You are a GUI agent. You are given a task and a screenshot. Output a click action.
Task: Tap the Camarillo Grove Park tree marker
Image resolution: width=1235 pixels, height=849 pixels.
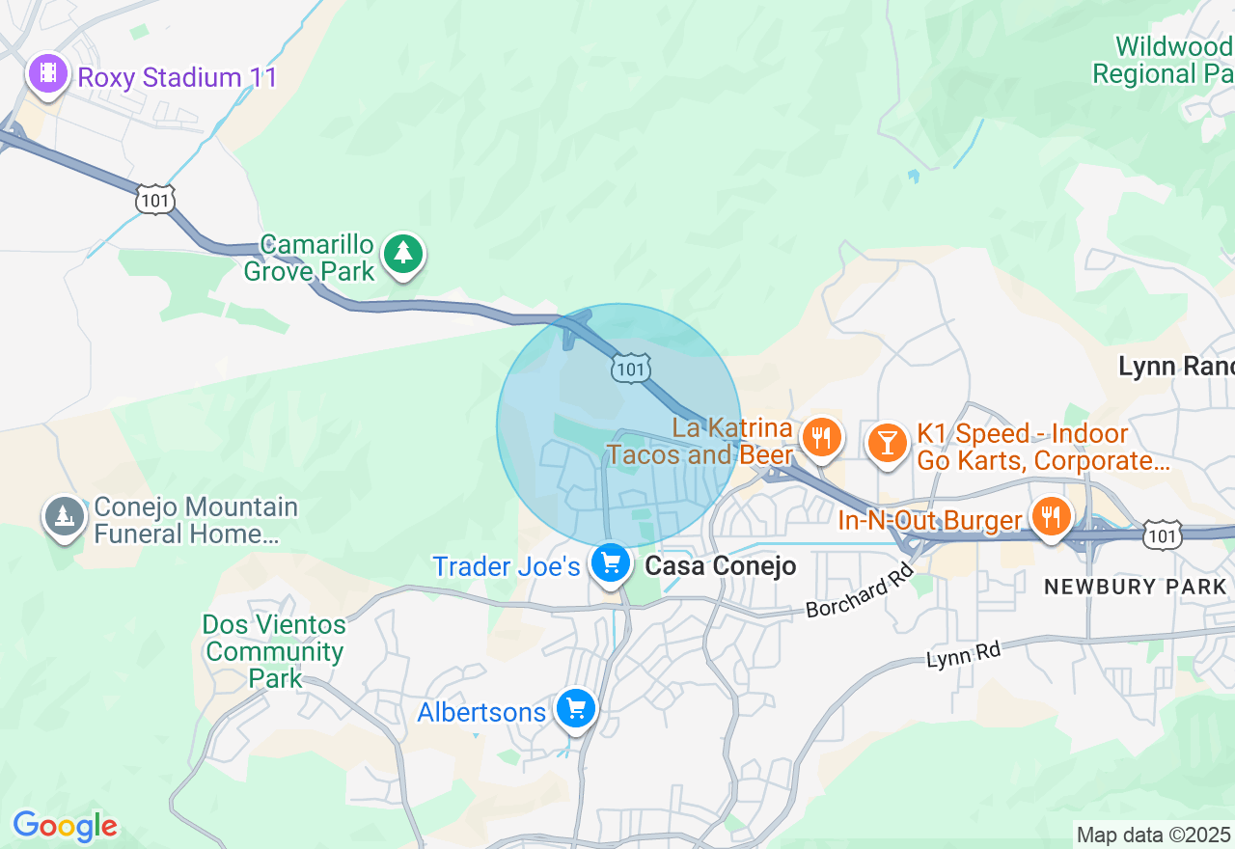pos(403,254)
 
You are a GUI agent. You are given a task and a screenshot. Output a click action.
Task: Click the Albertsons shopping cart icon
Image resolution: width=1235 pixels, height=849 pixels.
pos(576,710)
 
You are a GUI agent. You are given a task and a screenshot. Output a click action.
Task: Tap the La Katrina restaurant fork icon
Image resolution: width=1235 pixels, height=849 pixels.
pos(821,438)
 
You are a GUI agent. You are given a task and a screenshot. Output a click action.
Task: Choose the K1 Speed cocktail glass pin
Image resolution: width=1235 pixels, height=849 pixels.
pos(887,443)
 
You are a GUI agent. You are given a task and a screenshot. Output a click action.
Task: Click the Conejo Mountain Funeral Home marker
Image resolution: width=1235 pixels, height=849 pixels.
pos(65,516)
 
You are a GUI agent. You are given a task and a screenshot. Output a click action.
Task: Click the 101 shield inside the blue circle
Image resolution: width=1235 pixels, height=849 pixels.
pos(630,368)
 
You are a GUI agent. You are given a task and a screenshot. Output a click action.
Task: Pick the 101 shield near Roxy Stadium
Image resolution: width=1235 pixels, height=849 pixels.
pos(155,201)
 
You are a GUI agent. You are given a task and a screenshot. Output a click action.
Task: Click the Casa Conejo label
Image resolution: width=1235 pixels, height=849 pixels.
pos(720,566)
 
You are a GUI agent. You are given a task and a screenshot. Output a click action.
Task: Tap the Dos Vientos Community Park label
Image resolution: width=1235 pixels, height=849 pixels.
pos(274,651)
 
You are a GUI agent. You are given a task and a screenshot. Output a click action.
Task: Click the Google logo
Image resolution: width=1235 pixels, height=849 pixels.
pos(65,826)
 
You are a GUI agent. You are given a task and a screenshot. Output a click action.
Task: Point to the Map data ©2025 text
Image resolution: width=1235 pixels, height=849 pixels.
pos(1153,835)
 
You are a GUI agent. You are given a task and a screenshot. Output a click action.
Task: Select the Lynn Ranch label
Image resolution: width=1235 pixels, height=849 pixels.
pos(1176,367)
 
